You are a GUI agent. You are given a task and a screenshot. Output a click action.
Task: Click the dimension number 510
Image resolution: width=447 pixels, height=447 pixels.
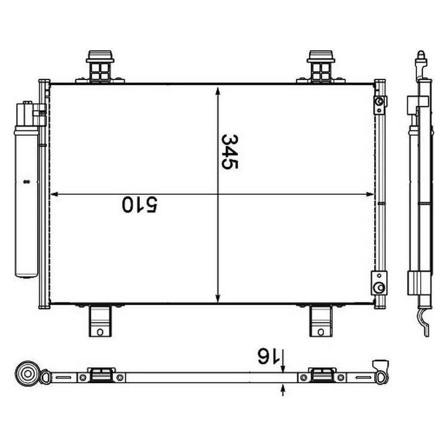click(x=140, y=204)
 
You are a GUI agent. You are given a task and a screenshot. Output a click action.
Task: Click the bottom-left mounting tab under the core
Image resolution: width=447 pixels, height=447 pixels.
click(x=100, y=321)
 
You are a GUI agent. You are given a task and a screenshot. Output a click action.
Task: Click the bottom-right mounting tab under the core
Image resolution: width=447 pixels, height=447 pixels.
click(x=320, y=321)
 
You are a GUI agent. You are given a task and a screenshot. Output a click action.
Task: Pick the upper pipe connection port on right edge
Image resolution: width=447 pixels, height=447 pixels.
click(x=379, y=106)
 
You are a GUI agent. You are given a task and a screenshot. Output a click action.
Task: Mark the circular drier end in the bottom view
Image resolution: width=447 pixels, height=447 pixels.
click(x=27, y=374)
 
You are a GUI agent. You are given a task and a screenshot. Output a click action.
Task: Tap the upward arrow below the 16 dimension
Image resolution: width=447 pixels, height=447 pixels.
click(x=282, y=389)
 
